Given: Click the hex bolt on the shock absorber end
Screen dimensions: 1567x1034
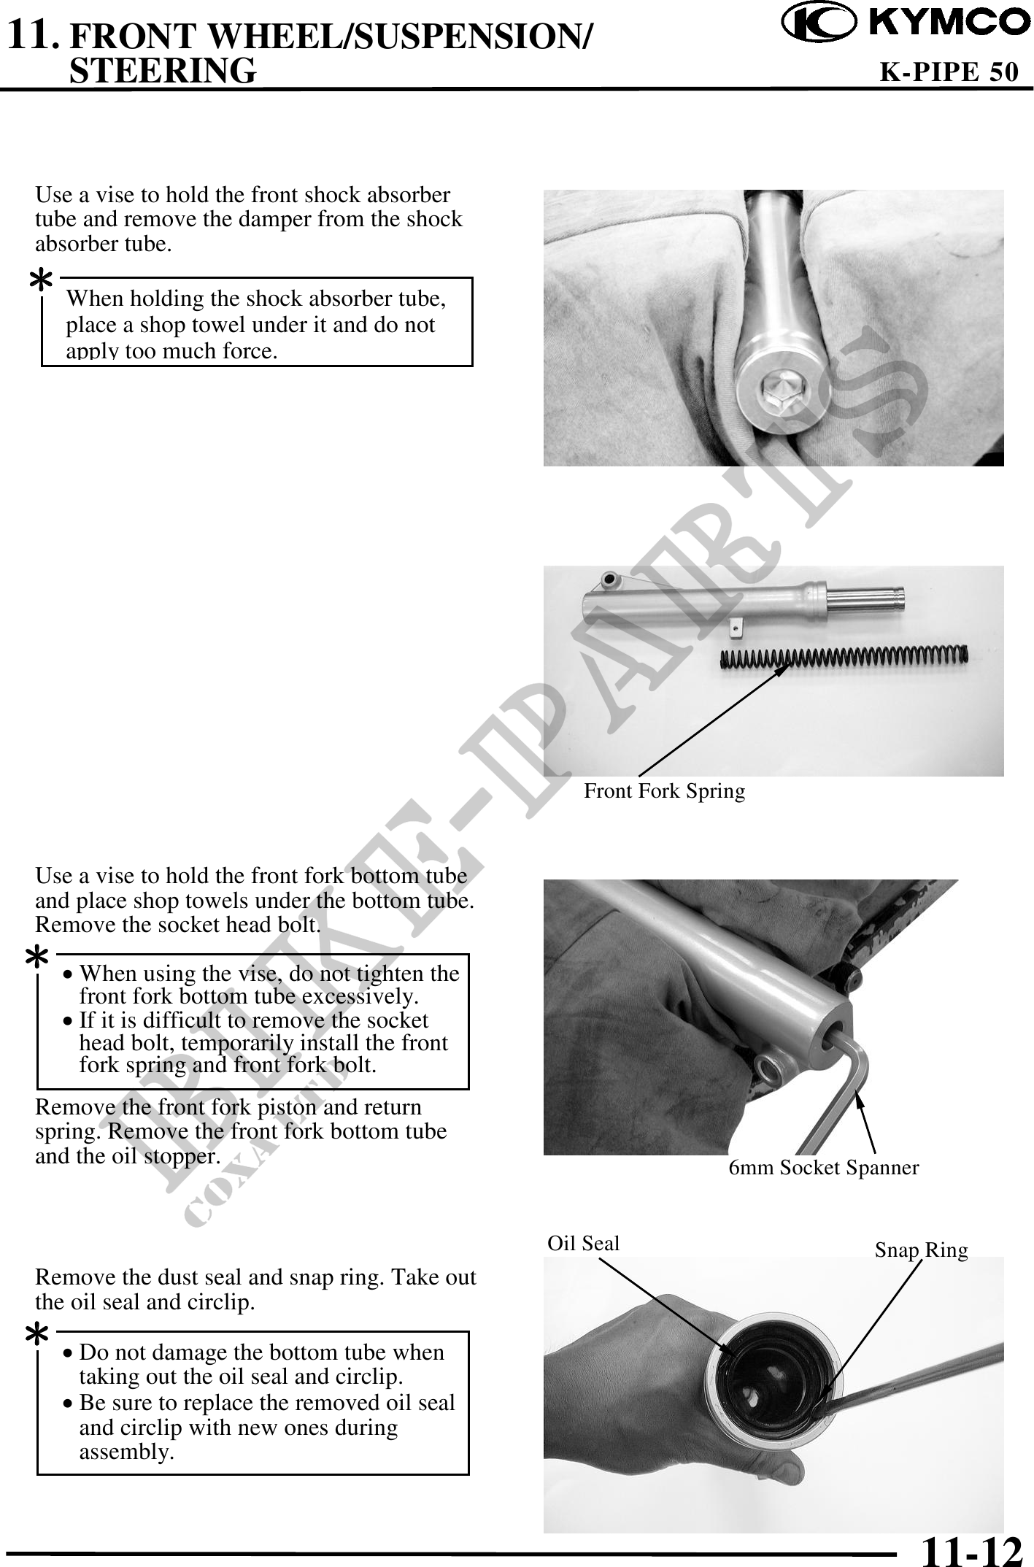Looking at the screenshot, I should [779, 397].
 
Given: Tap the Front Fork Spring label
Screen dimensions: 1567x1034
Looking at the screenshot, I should [664, 791].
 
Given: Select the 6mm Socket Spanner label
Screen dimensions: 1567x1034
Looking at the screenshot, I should [824, 1168].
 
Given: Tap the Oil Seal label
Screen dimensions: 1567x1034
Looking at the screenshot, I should [583, 1243].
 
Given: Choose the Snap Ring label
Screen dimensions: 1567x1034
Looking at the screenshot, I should [921, 1250].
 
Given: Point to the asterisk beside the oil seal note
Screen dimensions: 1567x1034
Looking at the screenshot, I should [36, 1336].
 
